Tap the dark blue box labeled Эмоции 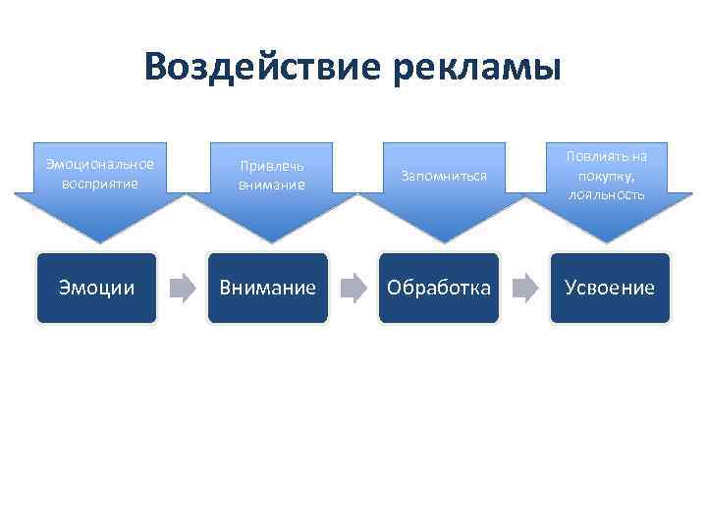tap(96, 288)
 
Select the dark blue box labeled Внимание tap(267, 288)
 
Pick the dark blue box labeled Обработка tap(439, 288)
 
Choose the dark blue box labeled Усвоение tap(610, 288)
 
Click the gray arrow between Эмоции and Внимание tap(182, 288)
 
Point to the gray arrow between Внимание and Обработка tap(353, 288)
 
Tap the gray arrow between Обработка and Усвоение tap(525, 288)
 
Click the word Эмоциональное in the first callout tap(99, 163)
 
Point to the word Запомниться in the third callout tap(441, 176)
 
